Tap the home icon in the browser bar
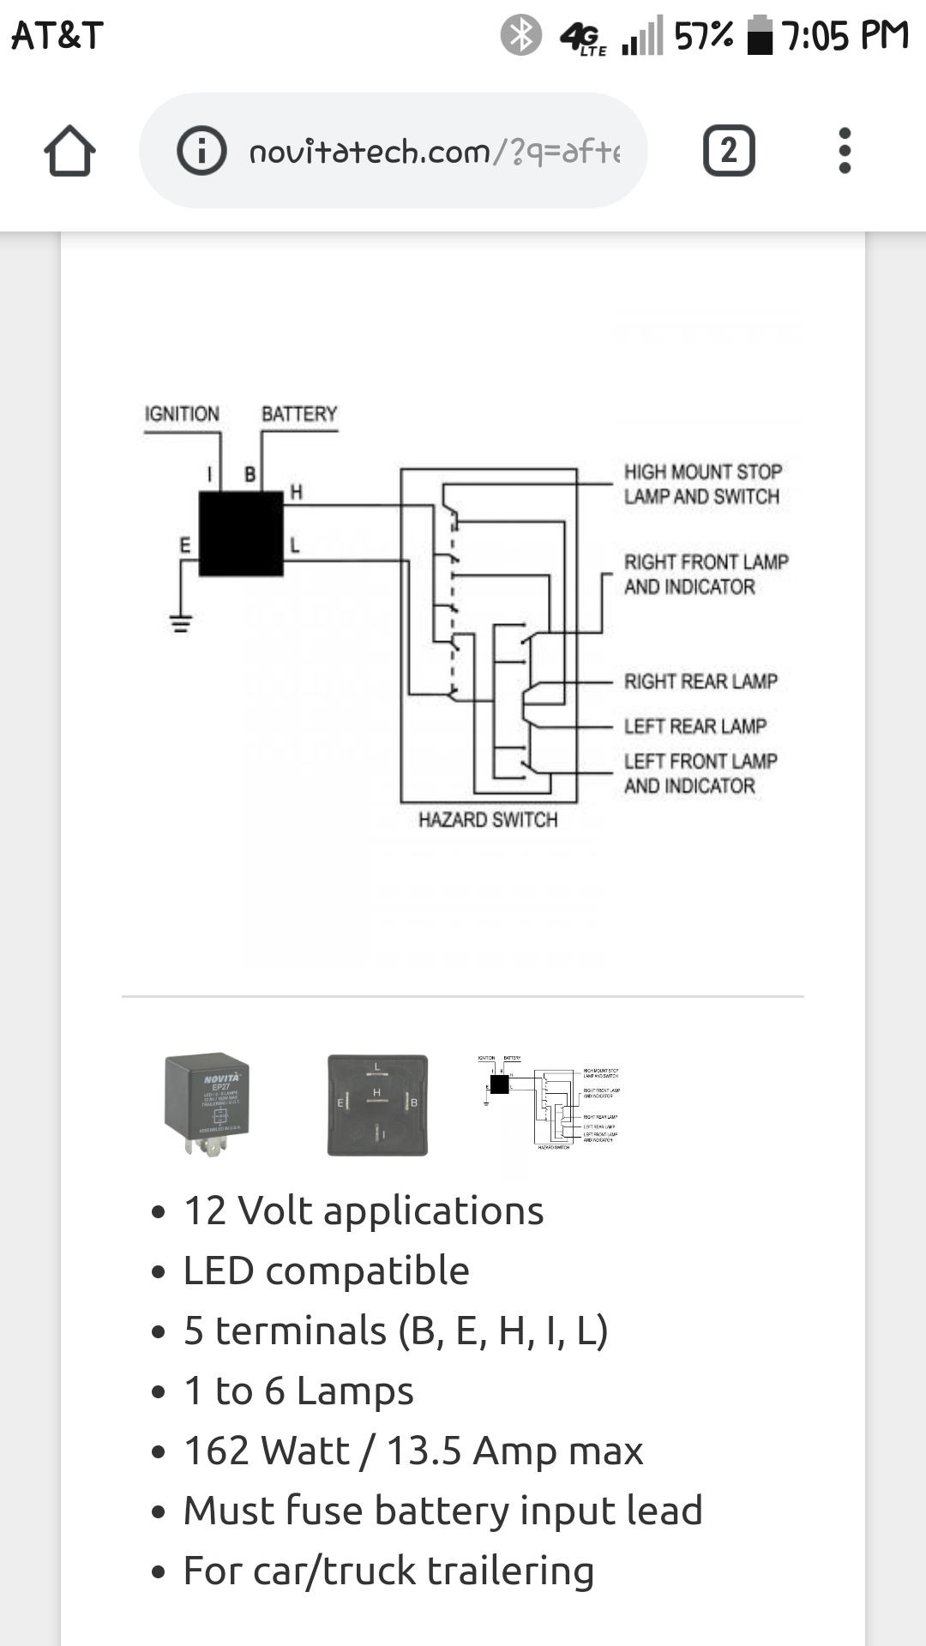point(69,151)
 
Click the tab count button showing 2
point(729,151)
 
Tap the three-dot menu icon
point(845,151)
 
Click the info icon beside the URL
point(201,151)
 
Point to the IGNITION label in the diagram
point(182,414)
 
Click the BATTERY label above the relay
point(299,414)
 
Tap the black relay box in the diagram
point(241,533)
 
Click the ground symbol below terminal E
point(180,622)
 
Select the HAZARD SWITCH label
point(488,820)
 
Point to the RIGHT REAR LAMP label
point(701,682)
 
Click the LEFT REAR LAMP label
point(695,726)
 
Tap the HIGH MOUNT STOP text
point(703,472)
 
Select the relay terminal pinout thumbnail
point(377,1105)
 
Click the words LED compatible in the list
point(327,1271)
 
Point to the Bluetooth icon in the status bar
point(520,35)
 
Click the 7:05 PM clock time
point(845,36)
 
